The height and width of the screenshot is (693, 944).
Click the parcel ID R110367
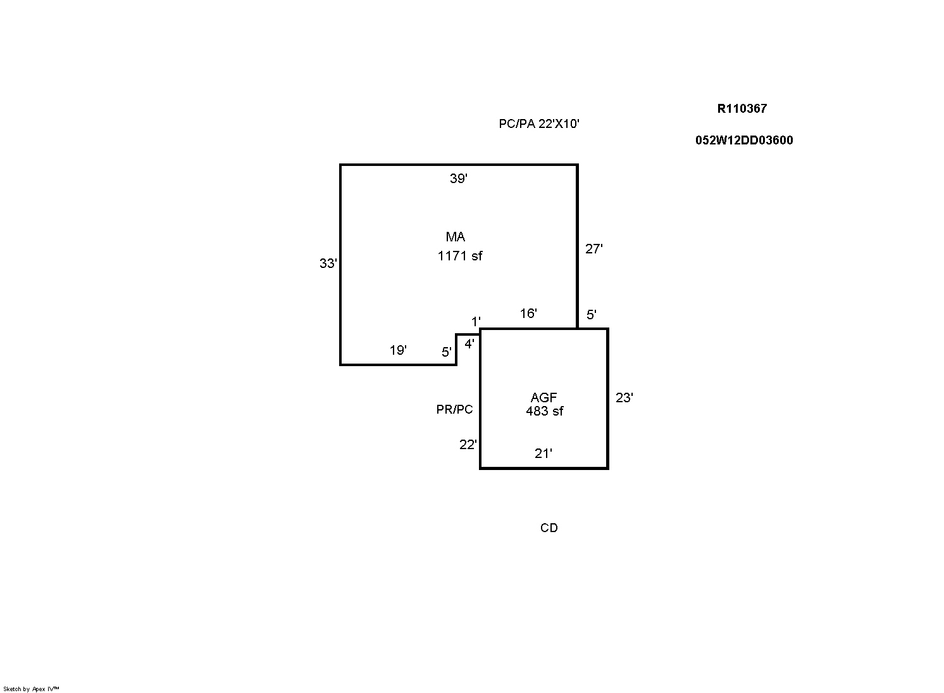tap(742, 108)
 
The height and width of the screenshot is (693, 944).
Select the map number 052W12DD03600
tap(744, 140)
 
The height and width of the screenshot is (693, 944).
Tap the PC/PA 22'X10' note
tap(539, 124)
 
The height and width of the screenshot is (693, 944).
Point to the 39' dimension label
tap(459, 179)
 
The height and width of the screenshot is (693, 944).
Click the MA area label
tap(456, 237)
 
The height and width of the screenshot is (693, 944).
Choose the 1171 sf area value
tap(460, 256)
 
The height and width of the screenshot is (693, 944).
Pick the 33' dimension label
tap(328, 264)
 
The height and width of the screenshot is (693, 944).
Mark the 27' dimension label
tap(593, 249)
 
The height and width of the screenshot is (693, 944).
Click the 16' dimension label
tap(528, 313)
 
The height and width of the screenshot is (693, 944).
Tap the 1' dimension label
tap(476, 322)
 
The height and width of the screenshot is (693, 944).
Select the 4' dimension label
tap(469, 344)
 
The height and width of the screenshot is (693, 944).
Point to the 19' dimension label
tap(398, 350)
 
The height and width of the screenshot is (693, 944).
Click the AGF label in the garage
tap(543, 397)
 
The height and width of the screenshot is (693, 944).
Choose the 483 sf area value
tap(545, 410)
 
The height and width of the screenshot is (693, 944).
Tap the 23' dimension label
tap(624, 398)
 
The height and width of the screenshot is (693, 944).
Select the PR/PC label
tap(454, 409)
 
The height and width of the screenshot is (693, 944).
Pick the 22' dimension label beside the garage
tap(468, 445)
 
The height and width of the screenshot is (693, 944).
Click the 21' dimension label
tap(543, 454)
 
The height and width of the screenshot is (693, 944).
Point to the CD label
tap(549, 528)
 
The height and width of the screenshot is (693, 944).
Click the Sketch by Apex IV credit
tap(31, 689)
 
